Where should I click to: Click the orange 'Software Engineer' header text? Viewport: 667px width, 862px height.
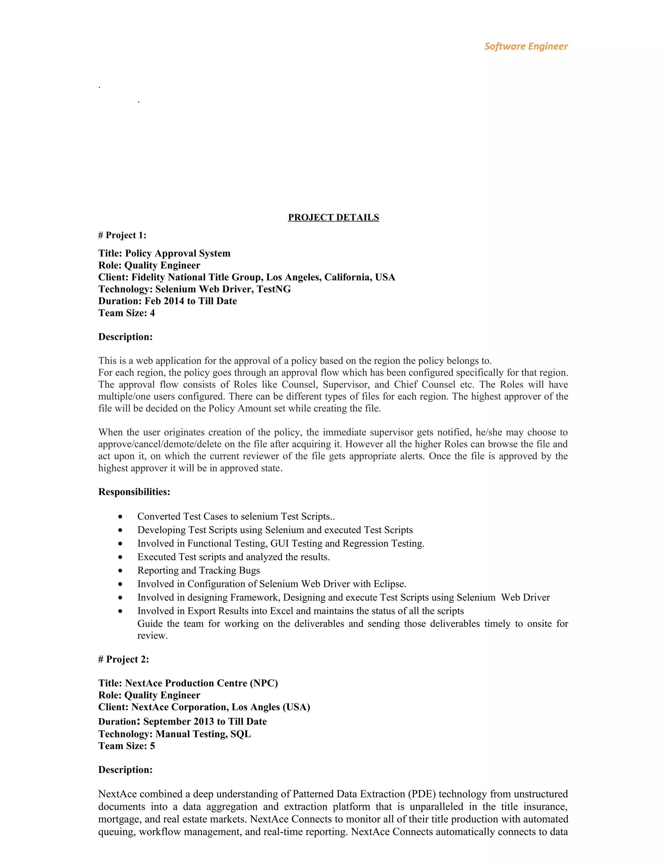click(526, 46)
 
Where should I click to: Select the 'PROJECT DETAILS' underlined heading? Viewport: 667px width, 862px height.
click(333, 218)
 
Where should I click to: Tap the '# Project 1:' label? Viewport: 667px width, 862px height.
click(122, 235)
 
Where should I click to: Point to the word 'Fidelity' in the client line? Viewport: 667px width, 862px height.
click(148, 277)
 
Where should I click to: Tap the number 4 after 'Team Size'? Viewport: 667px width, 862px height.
click(152, 313)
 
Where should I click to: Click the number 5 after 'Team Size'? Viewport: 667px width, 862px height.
click(152, 746)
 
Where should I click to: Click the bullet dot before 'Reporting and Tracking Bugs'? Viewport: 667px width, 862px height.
click(120, 571)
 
